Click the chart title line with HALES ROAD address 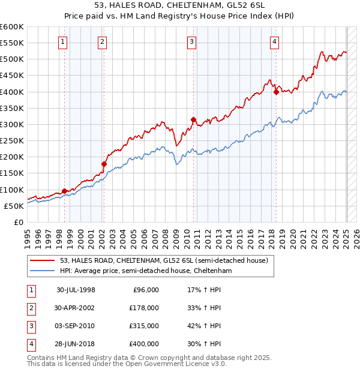click(180, 7)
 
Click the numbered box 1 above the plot click(64, 42)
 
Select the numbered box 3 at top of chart click(191, 42)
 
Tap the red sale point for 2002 click(104, 164)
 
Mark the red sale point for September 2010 click(193, 119)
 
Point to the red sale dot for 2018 click(276, 92)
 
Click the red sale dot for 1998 click(64, 191)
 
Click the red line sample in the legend click(43, 260)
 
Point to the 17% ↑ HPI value click(205, 289)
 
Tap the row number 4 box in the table click(30, 344)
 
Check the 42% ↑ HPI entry click(205, 326)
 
